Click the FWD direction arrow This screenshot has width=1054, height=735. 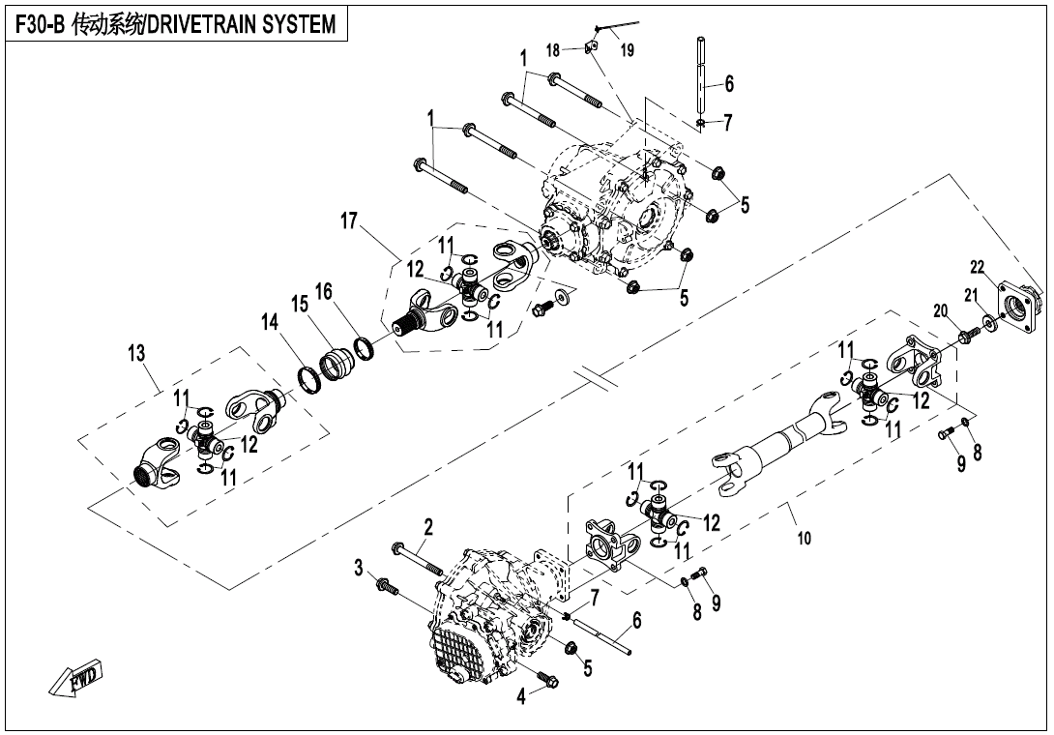[78, 680]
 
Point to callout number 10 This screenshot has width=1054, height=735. [804, 539]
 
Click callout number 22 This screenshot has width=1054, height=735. [977, 267]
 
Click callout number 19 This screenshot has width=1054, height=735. [628, 50]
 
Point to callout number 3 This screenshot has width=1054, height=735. [359, 567]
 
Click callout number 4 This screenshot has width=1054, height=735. [523, 694]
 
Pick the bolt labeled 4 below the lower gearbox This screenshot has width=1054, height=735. [545, 681]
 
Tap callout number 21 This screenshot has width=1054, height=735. [968, 296]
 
